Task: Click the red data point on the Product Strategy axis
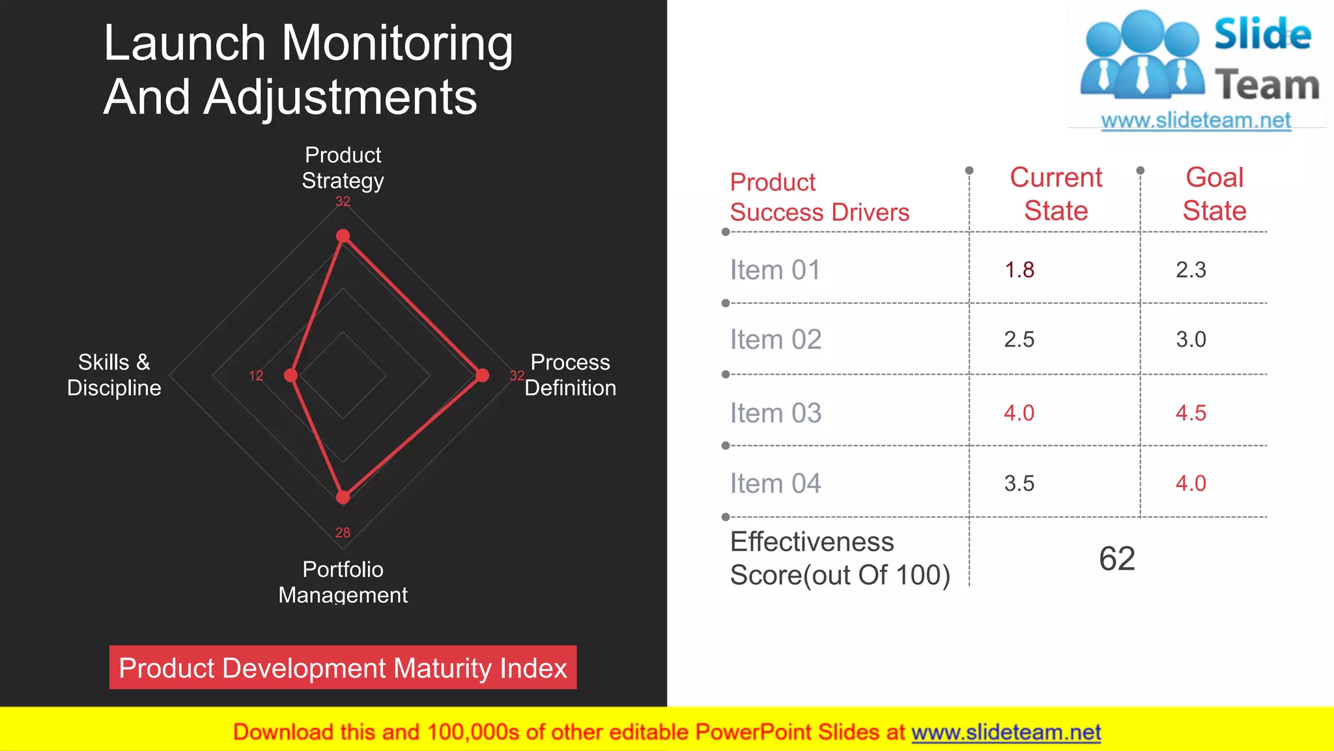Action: [343, 236]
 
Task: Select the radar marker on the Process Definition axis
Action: [482, 375]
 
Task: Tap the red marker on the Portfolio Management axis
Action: [343, 497]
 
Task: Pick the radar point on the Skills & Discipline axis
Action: [291, 375]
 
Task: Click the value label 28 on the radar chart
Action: [343, 533]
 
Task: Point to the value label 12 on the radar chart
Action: [256, 375]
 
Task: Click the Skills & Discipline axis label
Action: [114, 375]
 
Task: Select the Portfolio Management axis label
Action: [343, 582]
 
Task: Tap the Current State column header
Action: [1055, 194]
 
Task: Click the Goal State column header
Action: [1214, 194]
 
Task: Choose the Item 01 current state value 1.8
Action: [1019, 270]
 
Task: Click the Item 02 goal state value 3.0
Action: [1191, 339]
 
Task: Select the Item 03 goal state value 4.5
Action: [1191, 413]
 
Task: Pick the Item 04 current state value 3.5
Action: [1019, 483]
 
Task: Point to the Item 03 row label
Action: [775, 413]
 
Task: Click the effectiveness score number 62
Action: [1117, 559]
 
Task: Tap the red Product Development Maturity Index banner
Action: [343, 668]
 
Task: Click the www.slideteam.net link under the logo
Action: [1196, 120]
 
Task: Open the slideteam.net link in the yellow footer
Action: [1006, 732]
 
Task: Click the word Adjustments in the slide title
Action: [340, 98]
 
